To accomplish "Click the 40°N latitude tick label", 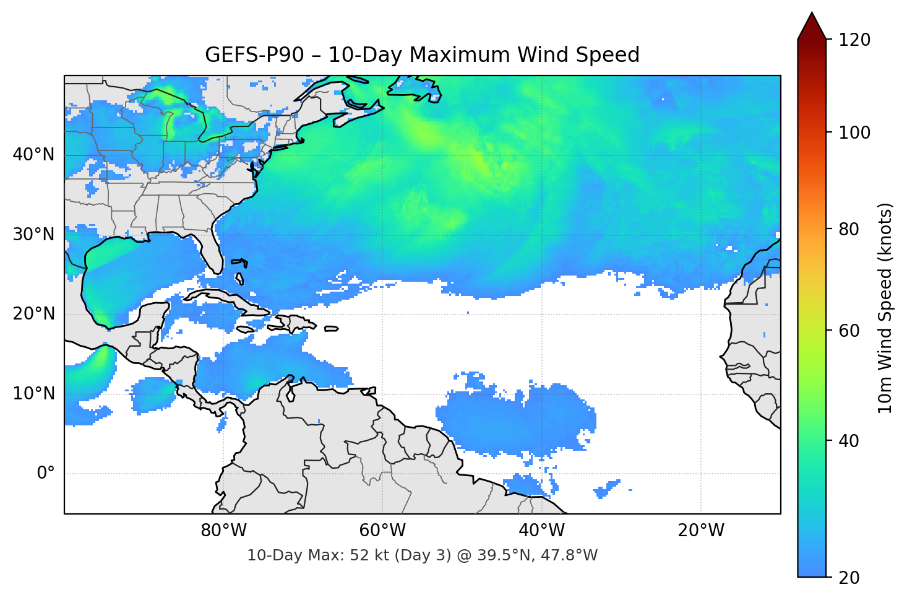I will [33, 155].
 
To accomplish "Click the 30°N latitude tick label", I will [33, 235].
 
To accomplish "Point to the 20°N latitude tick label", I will [33, 314].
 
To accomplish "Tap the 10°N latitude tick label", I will [33, 394].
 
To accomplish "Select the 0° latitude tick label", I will [46, 474].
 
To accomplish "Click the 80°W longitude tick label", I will [224, 531].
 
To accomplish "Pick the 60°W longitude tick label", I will [383, 531].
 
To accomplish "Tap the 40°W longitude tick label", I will [542, 531].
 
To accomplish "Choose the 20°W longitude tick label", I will [701, 531].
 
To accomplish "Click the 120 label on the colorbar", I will [854, 40].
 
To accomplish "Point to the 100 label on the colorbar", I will [854, 133].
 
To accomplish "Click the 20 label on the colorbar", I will [849, 578].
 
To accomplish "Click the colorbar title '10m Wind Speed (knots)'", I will [885, 308].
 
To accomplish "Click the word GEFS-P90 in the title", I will [254, 55].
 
